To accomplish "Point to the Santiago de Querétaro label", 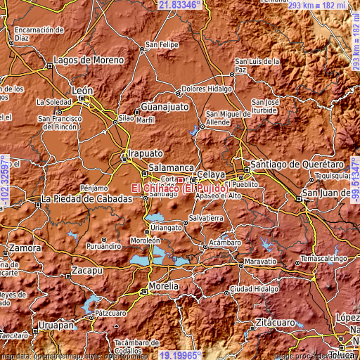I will tap(294, 163).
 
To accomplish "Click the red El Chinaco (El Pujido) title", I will tap(179, 188).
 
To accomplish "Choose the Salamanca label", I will tap(171, 169).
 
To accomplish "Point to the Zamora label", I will tap(25, 249).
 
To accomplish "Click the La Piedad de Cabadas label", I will tap(86, 199).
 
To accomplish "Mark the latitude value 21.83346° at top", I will tap(180, 4).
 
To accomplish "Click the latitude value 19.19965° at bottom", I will tap(180, 355).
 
